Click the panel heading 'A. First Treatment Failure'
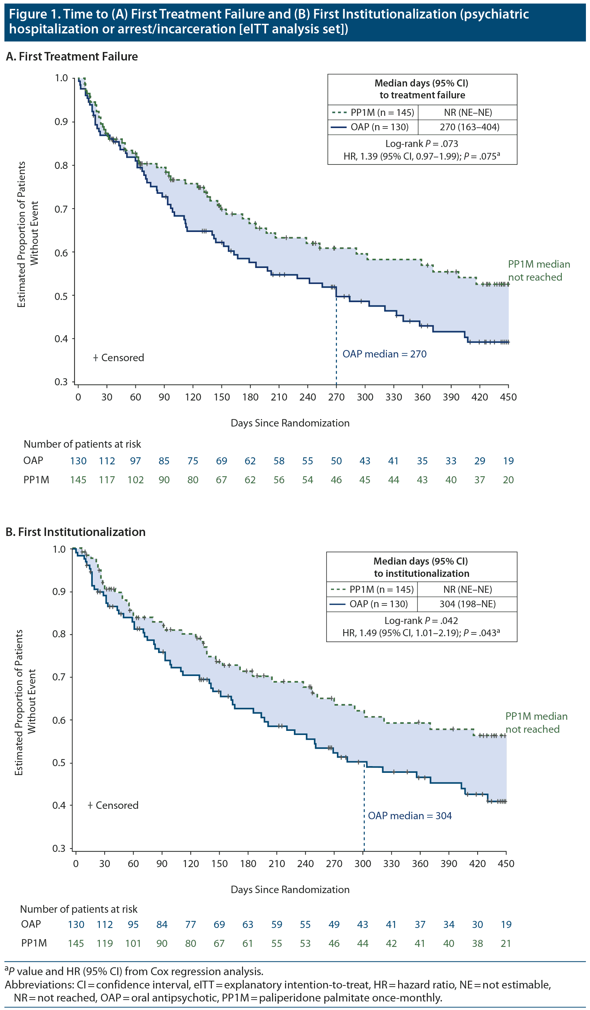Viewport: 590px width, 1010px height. tap(72, 56)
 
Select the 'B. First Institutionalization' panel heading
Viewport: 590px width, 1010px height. tap(76, 532)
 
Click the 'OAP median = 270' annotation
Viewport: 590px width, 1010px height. tap(384, 354)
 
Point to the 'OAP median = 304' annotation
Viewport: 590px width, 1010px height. tap(409, 815)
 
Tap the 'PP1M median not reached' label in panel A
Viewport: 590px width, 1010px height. tap(538, 271)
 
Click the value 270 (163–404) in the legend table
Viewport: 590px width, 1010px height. tap(469, 127)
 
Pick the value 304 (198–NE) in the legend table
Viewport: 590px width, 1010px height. tap(468, 604)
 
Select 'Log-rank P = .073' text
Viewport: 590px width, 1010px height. tap(422, 144)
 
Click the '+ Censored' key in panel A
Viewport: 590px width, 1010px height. tap(119, 357)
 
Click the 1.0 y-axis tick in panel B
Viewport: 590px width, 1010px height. tap(59, 549)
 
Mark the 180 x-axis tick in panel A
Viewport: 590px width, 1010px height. tap(250, 397)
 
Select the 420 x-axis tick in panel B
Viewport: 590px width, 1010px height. tap(477, 864)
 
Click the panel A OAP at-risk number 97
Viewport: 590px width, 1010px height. tap(135, 461)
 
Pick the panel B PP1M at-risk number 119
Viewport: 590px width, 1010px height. tap(105, 944)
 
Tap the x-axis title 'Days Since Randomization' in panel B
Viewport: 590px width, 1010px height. tap(290, 889)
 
